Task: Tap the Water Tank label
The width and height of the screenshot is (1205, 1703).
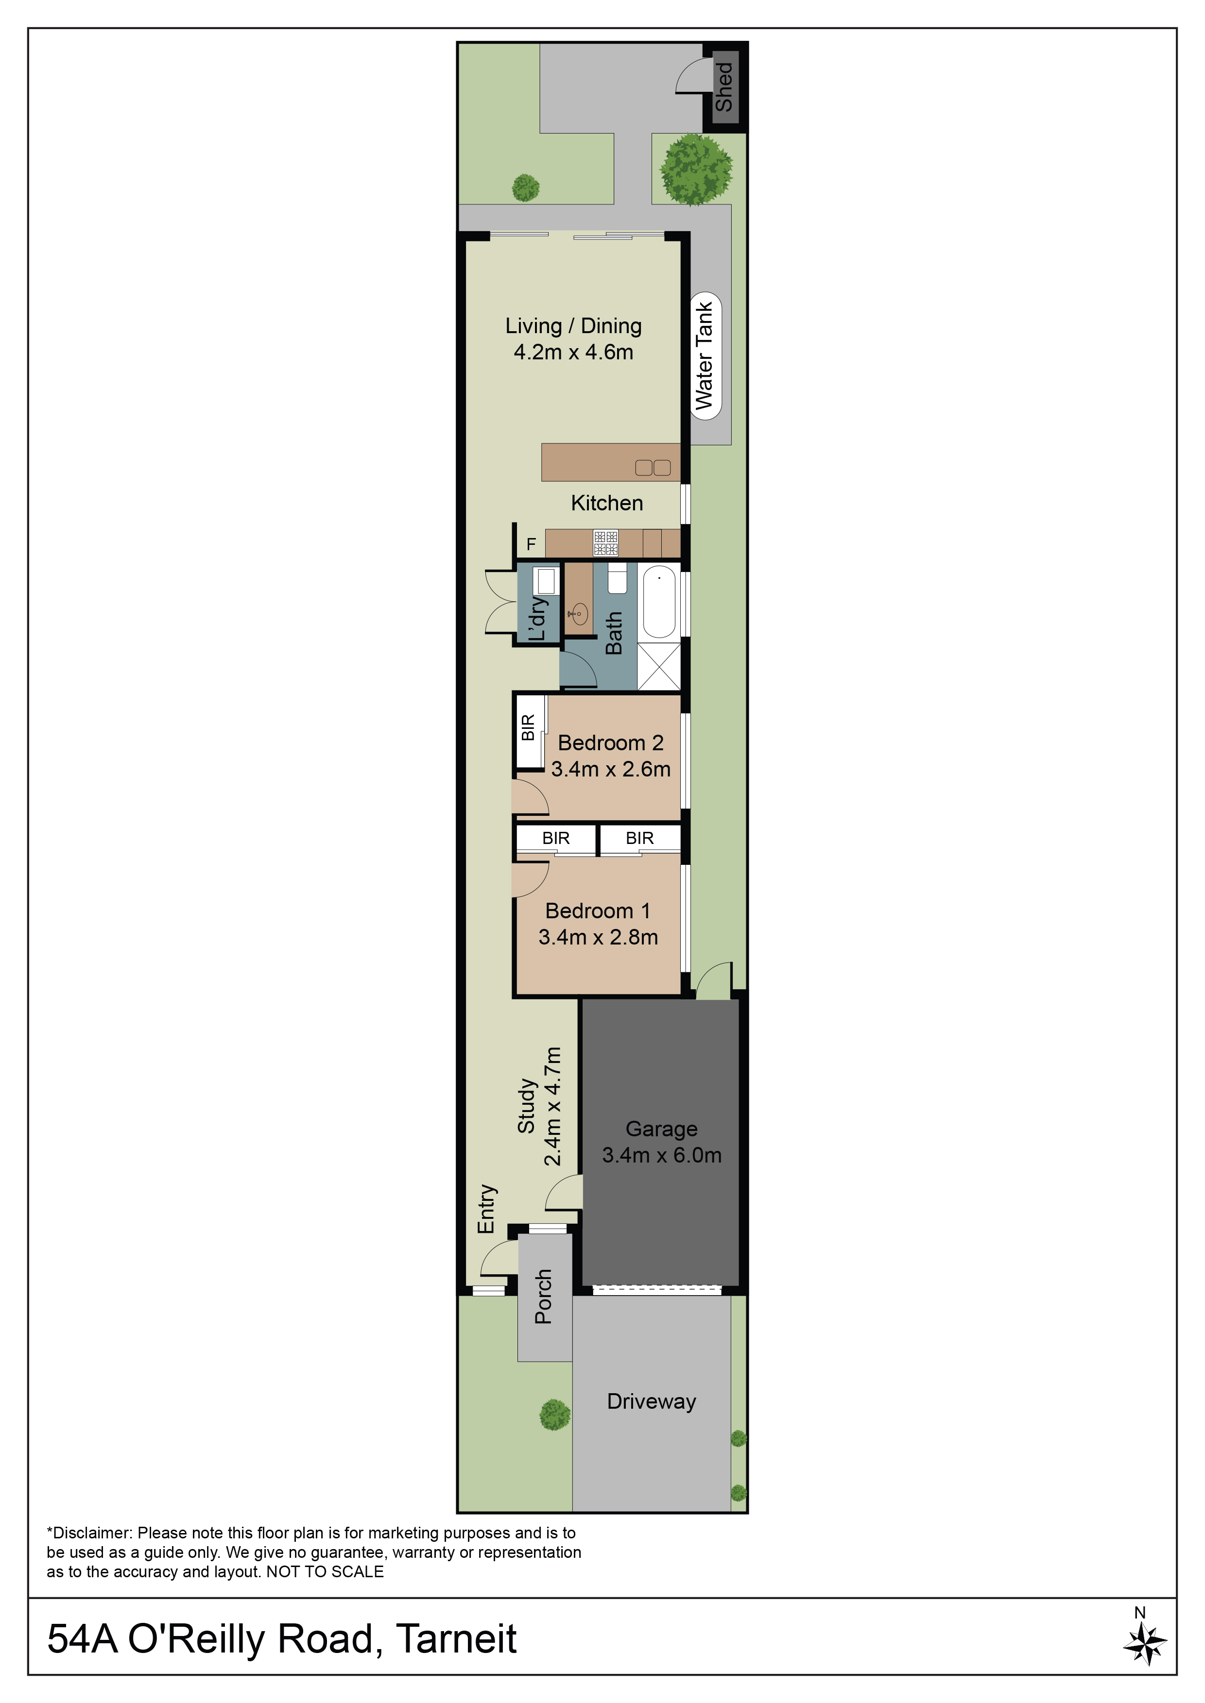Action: (704, 355)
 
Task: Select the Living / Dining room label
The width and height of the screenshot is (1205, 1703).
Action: (573, 326)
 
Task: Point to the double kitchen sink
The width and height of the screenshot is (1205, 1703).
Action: (653, 467)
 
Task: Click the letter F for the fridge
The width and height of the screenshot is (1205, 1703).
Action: (531, 544)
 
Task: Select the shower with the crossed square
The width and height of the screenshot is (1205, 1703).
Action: (659, 667)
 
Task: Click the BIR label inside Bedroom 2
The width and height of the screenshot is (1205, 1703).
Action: (528, 727)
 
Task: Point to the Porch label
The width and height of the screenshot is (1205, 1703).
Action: (543, 1297)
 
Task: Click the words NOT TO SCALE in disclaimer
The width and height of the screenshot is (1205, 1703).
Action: (325, 1572)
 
